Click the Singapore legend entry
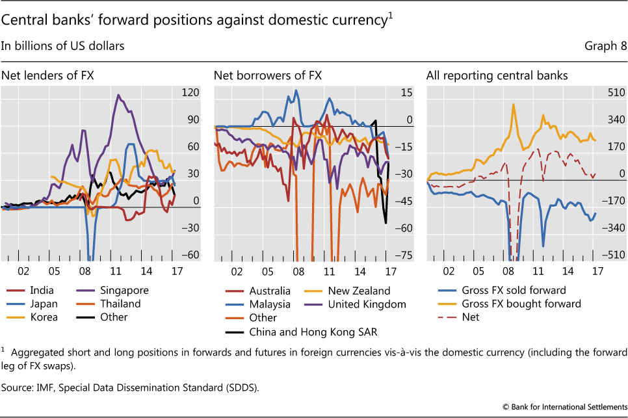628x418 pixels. click(x=124, y=291)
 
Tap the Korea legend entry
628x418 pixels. click(x=42, y=317)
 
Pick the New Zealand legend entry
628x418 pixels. click(x=360, y=291)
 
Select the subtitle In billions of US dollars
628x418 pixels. click(x=64, y=46)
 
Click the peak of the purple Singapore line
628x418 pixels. click(x=118, y=95)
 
